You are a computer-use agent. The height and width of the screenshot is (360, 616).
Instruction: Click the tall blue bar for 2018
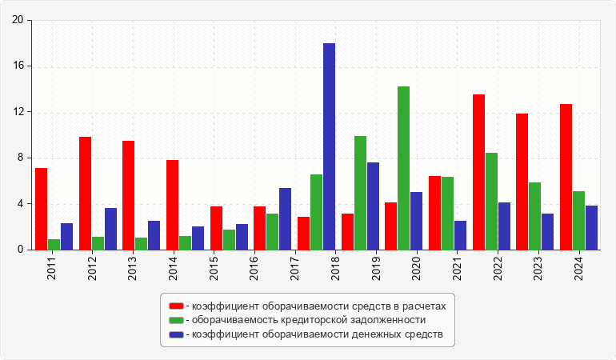tap(329, 146)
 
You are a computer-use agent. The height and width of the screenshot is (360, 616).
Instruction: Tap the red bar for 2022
tap(478, 172)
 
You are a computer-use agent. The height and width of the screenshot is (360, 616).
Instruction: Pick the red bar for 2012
tap(85, 193)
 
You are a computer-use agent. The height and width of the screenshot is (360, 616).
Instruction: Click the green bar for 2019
tap(360, 193)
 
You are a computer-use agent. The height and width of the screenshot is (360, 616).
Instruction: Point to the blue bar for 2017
tap(285, 218)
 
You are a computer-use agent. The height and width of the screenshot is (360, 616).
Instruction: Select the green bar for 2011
tap(54, 244)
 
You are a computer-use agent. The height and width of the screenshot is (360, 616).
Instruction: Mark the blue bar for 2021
tap(460, 235)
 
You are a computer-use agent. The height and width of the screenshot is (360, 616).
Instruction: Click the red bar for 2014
tap(172, 205)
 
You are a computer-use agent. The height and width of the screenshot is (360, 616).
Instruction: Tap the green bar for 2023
tap(534, 216)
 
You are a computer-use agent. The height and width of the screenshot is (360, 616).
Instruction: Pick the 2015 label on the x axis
tap(216, 264)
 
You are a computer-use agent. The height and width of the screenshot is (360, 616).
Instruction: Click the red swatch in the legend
tap(176, 306)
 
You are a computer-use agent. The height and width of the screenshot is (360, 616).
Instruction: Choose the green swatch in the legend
tap(176, 320)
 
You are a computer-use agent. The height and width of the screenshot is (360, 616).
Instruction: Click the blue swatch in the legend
tap(176, 334)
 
